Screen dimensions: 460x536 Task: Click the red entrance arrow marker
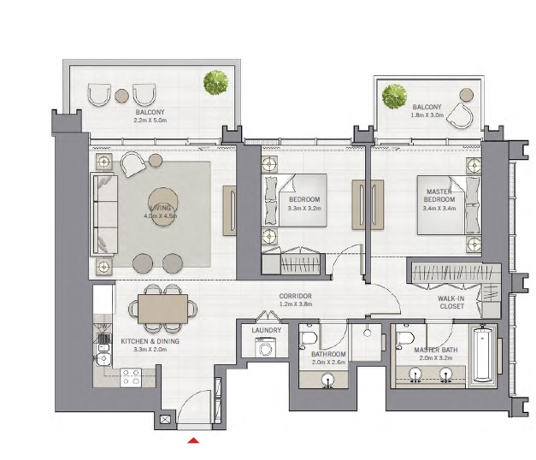click(194, 440)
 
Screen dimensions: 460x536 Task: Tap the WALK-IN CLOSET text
click(452, 300)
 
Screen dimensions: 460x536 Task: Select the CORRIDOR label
click(295, 296)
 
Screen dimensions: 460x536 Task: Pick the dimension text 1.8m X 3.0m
click(427, 114)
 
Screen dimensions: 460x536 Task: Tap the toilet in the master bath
click(406, 343)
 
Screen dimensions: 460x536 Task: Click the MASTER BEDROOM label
click(439, 199)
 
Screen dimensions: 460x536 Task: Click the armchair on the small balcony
click(465, 112)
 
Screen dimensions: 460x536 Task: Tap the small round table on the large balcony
click(122, 95)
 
